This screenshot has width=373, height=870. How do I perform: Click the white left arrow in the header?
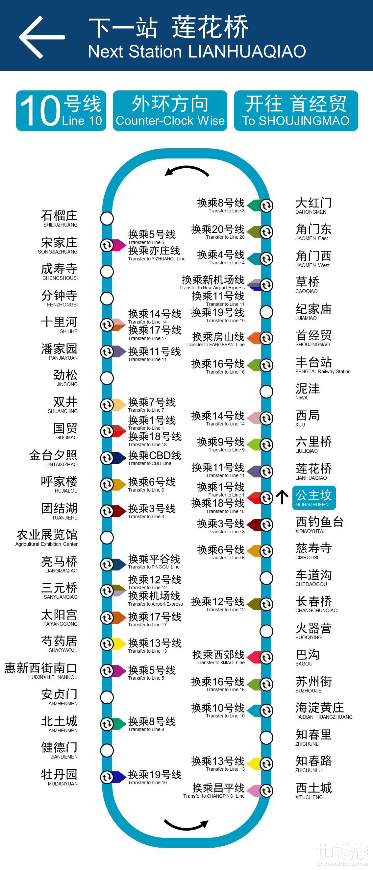click(x=41, y=37)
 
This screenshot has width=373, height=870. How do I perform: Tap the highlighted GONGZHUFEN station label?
click(x=313, y=497)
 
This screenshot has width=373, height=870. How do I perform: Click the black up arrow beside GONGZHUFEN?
click(x=282, y=497)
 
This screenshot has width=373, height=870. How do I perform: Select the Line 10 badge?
click(x=61, y=110)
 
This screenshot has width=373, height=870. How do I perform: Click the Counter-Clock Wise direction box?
click(x=170, y=110)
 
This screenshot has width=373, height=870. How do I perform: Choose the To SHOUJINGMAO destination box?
click(x=296, y=110)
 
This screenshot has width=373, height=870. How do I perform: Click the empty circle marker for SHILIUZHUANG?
click(x=107, y=218)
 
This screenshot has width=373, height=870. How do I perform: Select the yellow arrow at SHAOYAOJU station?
click(x=119, y=644)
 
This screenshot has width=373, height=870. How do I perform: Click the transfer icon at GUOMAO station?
click(x=107, y=431)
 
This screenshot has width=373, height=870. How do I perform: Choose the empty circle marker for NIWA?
click(x=266, y=391)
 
